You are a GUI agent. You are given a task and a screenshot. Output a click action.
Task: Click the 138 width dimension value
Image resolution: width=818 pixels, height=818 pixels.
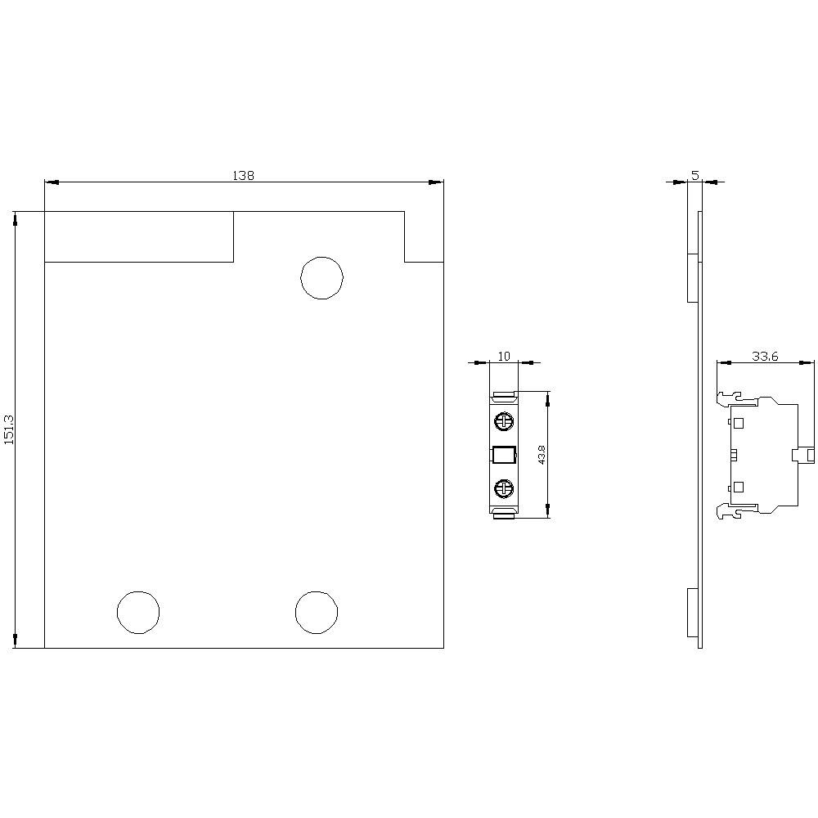coord(244,175)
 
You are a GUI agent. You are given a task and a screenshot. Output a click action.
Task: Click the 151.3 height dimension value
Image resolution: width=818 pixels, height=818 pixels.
coord(9,429)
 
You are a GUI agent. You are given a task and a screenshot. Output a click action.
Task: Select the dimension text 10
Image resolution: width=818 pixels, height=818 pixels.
coord(504,356)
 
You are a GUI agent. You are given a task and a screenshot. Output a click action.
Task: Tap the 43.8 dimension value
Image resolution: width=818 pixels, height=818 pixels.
coord(542,455)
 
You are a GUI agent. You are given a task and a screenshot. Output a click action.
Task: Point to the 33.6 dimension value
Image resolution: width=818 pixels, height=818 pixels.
coord(764,356)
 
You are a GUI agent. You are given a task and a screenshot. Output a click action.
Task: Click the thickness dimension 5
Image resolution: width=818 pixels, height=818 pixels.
coord(694,175)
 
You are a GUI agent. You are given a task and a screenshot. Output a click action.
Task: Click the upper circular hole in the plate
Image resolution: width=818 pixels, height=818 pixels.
coord(321,277)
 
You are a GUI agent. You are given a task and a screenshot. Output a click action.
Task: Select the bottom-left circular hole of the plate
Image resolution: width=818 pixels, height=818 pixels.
coord(138,612)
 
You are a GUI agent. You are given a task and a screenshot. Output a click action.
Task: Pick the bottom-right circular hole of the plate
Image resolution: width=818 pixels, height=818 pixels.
coord(317,612)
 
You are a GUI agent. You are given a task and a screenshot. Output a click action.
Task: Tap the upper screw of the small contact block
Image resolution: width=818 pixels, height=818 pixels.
coord(504,422)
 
